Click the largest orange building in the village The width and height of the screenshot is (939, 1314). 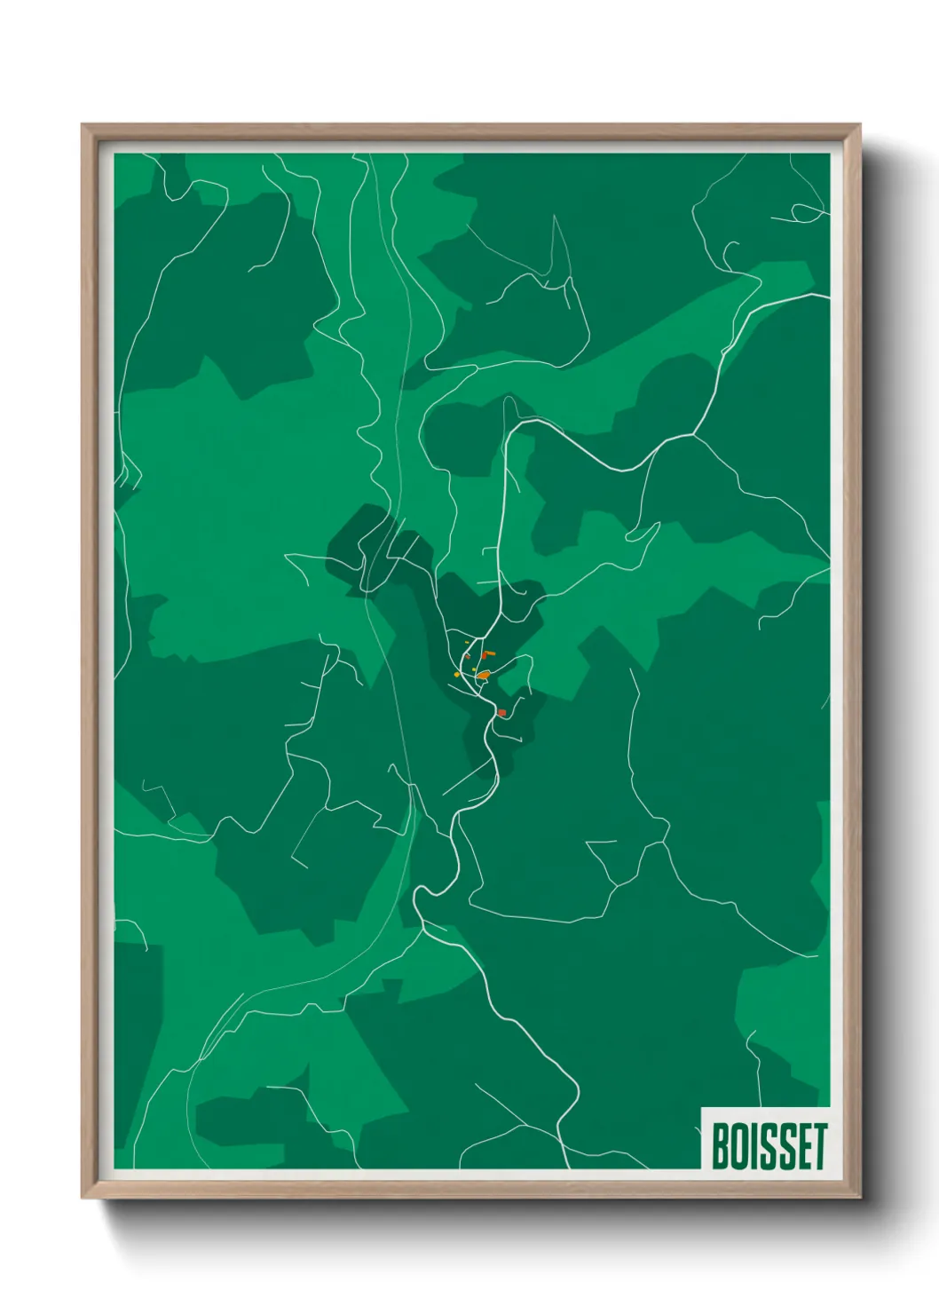pyautogui.click(x=484, y=676)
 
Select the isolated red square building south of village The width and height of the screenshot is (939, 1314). pyautogui.click(x=502, y=712)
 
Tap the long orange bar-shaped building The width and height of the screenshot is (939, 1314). pyautogui.click(x=491, y=653)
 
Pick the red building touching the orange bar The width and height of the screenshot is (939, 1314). pyautogui.click(x=484, y=656)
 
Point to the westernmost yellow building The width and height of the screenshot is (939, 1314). pyautogui.click(x=457, y=675)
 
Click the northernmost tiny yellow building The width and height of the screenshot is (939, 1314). pyautogui.click(x=467, y=642)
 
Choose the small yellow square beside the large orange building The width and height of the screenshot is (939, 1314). pyautogui.click(x=474, y=669)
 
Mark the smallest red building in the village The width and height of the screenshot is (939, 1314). pyautogui.click(x=468, y=657)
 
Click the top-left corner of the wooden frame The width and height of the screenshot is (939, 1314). pyautogui.click(x=83, y=125)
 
